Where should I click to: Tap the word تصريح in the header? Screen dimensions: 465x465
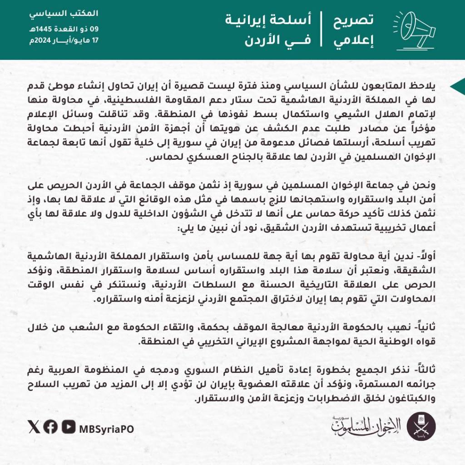(354, 20)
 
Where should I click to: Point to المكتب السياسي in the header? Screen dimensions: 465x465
(64, 13)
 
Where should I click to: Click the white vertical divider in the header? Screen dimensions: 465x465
(322, 30)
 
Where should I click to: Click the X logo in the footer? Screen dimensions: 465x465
(34, 427)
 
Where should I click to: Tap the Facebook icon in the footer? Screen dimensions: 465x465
(51, 427)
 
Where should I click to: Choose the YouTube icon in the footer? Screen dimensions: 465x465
(68, 427)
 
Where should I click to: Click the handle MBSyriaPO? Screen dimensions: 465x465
(106, 428)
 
